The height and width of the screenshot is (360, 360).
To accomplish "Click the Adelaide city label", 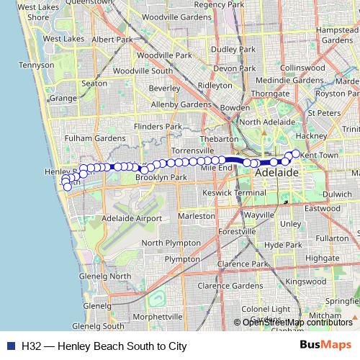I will point(276,174).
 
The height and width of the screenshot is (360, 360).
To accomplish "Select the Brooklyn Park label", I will point(161,176).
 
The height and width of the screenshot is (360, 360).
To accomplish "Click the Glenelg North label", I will point(105,276).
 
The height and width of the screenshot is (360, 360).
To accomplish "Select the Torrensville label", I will point(194,149).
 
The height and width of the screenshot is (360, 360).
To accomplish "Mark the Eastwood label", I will point(321,208).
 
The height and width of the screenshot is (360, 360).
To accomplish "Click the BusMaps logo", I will point(325,346).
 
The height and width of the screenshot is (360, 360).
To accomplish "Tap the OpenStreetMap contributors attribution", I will point(297,323).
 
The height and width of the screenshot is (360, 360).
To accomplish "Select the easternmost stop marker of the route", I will point(295,153).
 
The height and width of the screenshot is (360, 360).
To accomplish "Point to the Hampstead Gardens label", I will point(336,35).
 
